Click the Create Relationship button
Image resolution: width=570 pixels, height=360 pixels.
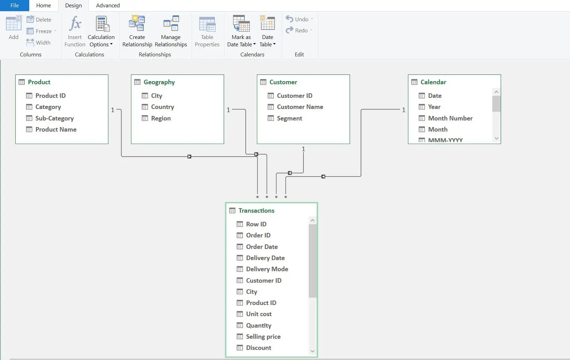click(x=137, y=31)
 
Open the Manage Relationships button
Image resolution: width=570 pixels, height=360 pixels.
click(x=171, y=31)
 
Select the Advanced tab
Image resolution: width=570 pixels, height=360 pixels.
click(x=108, y=5)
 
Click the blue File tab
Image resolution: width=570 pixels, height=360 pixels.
click(x=15, y=5)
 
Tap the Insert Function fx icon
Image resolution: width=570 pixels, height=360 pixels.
click(x=75, y=23)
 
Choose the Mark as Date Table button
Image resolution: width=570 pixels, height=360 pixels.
click(x=241, y=31)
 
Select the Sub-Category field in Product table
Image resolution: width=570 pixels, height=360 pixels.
click(x=54, y=118)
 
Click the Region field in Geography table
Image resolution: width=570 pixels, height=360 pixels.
click(x=161, y=118)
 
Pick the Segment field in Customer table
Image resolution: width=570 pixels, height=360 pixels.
click(x=289, y=118)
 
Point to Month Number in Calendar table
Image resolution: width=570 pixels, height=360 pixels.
click(x=450, y=118)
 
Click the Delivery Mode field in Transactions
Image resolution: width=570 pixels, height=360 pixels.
click(x=267, y=269)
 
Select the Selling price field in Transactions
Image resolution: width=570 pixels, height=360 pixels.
click(x=263, y=337)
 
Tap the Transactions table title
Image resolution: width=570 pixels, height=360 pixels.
click(x=256, y=211)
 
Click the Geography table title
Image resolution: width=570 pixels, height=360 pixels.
click(x=159, y=82)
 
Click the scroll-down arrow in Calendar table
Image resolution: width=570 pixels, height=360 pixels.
click(x=496, y=138)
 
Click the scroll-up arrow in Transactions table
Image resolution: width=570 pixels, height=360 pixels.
click(x=313, y=220)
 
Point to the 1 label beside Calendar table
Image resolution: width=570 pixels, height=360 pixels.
click(x=403, y=110)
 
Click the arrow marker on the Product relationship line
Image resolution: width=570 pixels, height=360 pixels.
click(x=189, y=157)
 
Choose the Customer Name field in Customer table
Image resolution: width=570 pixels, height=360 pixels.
click(x=300, y=107)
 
